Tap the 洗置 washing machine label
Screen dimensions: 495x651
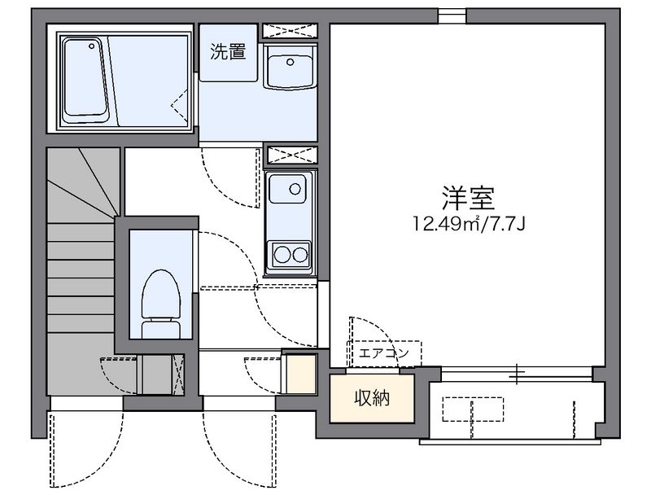tap(228, 53)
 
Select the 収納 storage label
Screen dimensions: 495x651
tap(372, 399)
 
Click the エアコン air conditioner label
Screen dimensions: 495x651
tap(384, 353)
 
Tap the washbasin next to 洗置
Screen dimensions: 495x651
tap(290, 70)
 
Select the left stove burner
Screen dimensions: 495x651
tap(282, 253)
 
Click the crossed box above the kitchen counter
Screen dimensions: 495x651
tap(290, 154)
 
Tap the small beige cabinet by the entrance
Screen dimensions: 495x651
tap(301, 375)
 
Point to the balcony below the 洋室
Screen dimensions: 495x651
tap(516, 405)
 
